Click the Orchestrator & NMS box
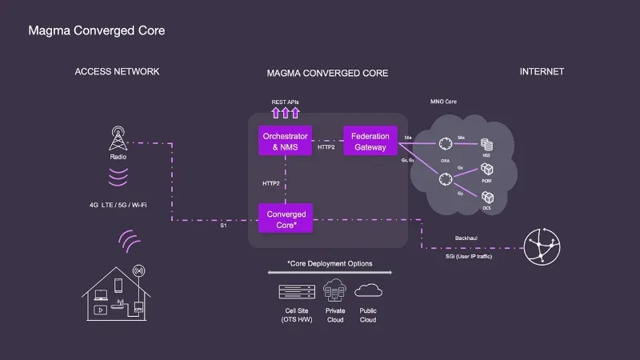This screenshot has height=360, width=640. click(286, 142)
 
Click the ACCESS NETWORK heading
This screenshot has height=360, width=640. click(117, 71)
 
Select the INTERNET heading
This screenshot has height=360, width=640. click(542, 71)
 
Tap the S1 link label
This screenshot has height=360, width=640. click(223, 226)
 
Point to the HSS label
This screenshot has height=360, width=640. click(486, 156)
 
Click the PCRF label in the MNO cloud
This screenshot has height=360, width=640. click(486, 182)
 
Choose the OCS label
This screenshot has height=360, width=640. click(486, 208)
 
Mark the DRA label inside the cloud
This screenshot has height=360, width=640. click(444, 161)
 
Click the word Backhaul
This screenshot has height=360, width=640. click(466, 238)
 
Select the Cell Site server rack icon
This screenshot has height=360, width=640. click(294, 291)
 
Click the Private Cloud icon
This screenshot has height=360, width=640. click(335, 290)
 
